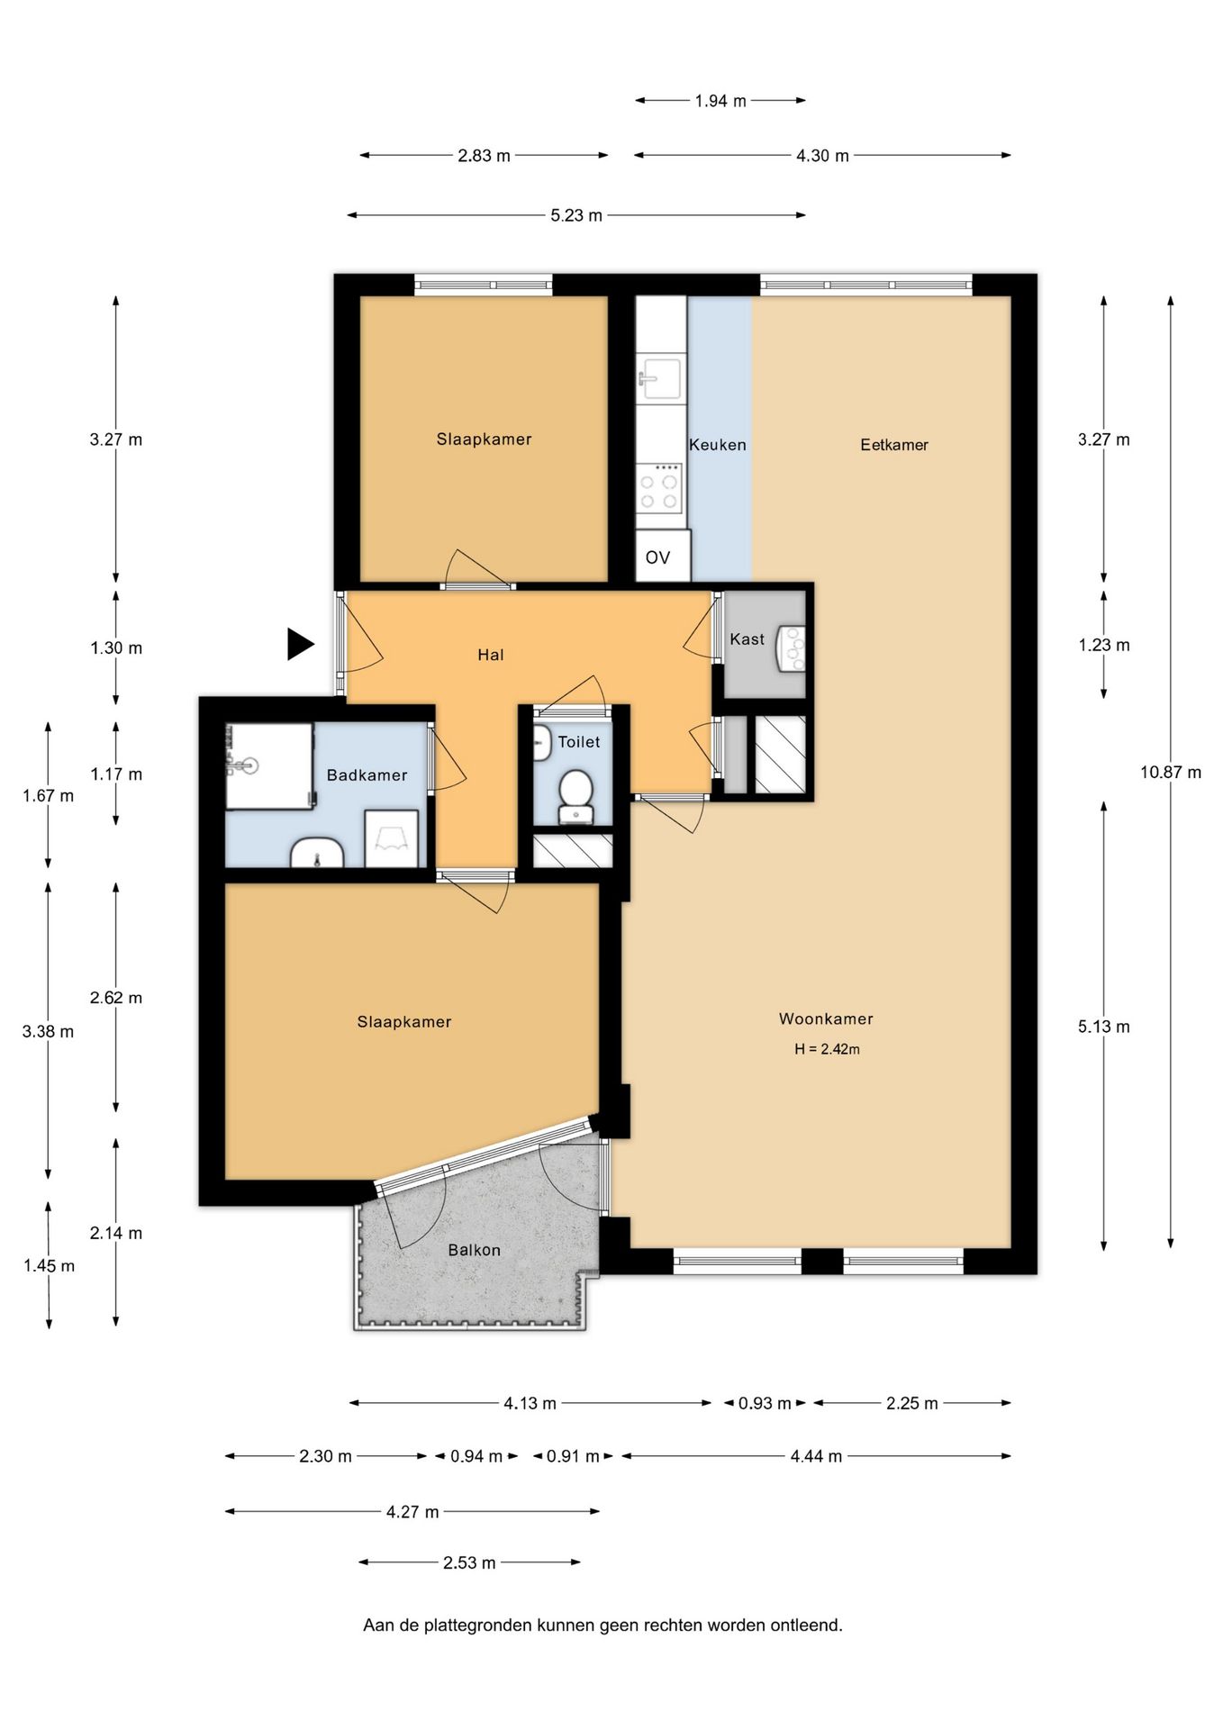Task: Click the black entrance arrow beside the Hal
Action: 300,644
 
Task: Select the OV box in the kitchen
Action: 663,556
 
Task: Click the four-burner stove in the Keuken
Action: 659,487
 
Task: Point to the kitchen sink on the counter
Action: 660,376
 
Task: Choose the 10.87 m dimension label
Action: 1170,772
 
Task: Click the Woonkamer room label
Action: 826,1018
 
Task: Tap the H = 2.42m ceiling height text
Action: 827,1049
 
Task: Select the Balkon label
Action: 474,1250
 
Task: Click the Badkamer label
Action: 367,775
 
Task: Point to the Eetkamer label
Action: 893,445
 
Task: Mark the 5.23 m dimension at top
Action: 576,215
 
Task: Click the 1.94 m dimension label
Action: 720,101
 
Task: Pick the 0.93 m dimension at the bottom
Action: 765,1403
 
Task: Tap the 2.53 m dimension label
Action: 469,1562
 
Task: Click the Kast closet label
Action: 747,639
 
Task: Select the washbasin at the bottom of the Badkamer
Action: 317,853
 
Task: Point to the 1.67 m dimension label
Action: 49,796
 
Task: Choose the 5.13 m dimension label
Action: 1103,1027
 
